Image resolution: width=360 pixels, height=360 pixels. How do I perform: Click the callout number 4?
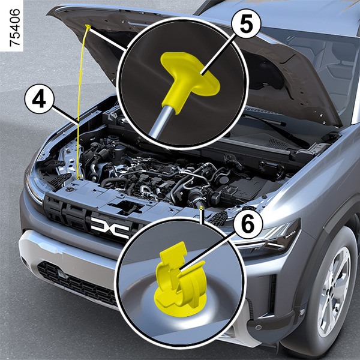(x=39, y=101)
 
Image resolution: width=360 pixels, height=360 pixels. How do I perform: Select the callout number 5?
(x=246, y=23)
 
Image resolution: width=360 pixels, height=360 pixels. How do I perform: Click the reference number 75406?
(x=14, y=28)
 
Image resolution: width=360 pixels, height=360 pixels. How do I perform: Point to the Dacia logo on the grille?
(x=110, y=227)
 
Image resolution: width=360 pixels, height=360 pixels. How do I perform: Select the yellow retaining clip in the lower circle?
(x=181, y=279)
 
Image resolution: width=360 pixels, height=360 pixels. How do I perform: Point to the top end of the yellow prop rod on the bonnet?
(x=88, y=26)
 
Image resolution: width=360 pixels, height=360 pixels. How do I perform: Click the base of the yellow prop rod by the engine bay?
(x=80, y=177)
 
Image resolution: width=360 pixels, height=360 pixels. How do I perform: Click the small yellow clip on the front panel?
(x=202, y=208)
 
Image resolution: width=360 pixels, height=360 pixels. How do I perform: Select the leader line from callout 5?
(x=217, y=55)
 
